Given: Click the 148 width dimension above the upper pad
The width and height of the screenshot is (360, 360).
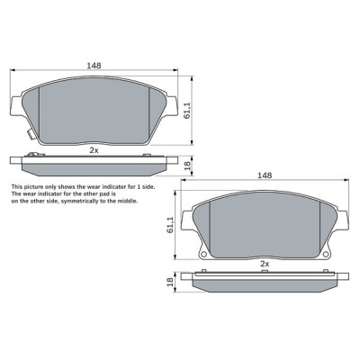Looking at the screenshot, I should (94, 66).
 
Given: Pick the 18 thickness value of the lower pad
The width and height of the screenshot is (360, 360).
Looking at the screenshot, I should (170, 282).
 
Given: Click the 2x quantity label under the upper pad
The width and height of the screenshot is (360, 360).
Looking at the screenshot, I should (94, 150).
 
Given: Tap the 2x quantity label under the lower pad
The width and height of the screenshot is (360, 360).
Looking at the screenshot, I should (265, 265).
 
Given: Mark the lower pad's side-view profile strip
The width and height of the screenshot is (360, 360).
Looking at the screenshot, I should (265, 282).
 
